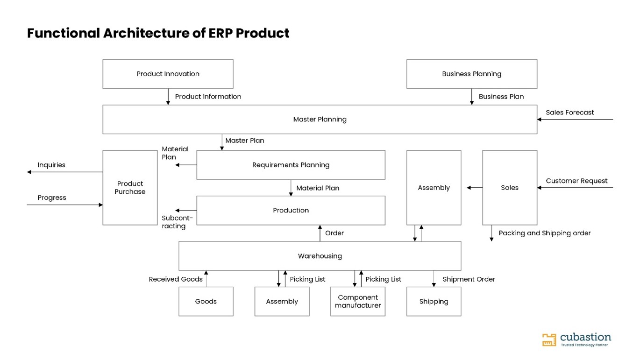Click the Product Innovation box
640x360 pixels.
point(168,74)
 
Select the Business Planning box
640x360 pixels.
point(472,74)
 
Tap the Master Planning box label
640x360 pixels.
point(320,120)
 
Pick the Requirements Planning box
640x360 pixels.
point(291,165)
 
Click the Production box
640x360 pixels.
point(291,211)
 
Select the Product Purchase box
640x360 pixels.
point(130,188)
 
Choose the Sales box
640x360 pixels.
point(510,188)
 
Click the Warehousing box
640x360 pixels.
point(320,256)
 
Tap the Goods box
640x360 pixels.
point(206,302)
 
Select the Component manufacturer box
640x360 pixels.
point(358,302)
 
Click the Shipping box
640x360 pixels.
point(434,302)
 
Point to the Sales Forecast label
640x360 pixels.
point(570,113)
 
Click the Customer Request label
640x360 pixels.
point(576,181)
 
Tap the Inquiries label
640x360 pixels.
point(51,165)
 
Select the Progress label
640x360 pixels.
point(52,198)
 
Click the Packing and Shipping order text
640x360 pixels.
point(545,233)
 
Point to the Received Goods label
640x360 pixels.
point(176,279)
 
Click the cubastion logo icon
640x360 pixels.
point(549,340)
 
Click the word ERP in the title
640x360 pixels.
point(220,33)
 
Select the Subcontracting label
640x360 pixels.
point(177,222)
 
